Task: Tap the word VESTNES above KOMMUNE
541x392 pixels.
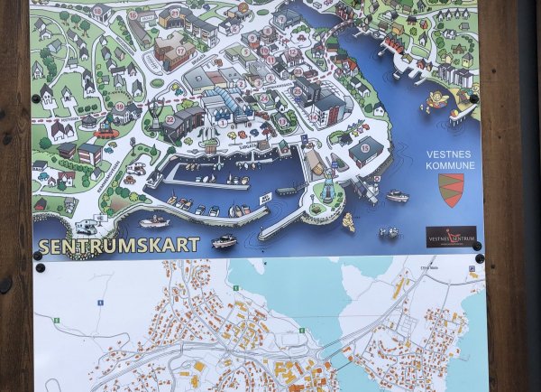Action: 448,154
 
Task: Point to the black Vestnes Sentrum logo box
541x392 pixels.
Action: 451,237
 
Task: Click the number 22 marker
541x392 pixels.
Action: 170,119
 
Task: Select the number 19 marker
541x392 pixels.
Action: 120,107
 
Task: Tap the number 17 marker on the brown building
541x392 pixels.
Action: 179,51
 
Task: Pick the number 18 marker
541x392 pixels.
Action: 97,11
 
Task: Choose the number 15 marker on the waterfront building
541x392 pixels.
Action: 364,147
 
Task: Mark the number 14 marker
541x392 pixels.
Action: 314,116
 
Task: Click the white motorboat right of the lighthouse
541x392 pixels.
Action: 396,195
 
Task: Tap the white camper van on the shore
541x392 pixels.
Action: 87,226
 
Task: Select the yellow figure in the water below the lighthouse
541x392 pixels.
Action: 348,222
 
